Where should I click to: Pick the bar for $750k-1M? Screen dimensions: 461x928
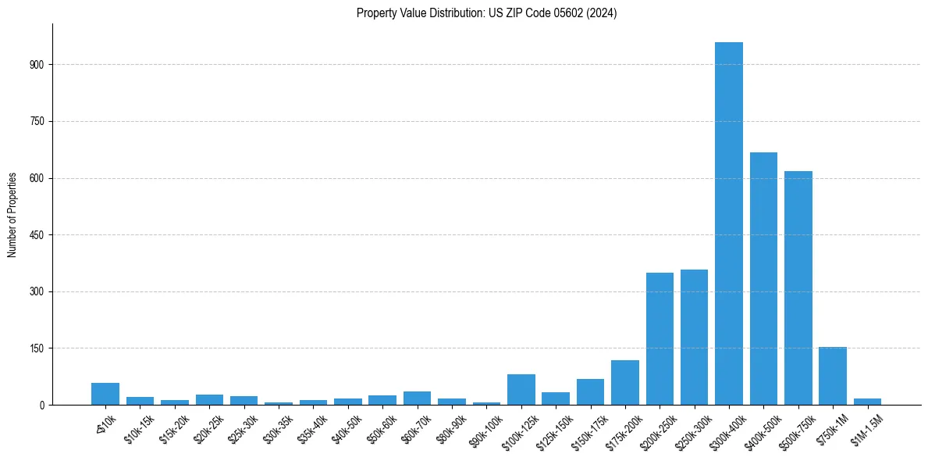(x=832, y=376)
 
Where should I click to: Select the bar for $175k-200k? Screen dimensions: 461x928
(x=624, y=382)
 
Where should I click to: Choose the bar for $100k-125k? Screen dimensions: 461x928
(x=521, y=389)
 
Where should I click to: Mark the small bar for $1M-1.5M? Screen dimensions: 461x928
(x=867, y=402)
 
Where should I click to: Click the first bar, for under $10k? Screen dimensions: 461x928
(x=105, y=394)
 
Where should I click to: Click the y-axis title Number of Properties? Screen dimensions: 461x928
(x=12, y=214)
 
